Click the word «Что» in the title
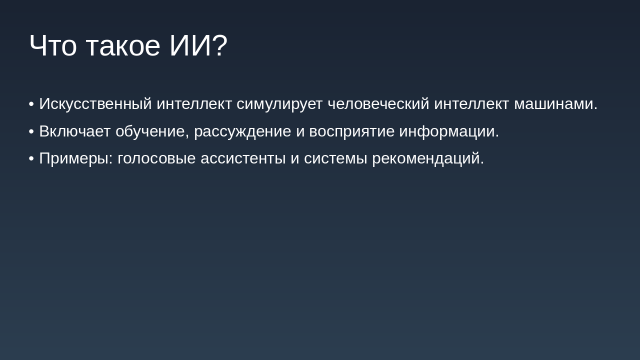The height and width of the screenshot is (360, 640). [53, 45]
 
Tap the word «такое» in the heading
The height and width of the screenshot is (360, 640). [123, 45]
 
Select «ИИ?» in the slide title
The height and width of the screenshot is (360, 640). [198, 45]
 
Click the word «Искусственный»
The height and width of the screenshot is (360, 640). [95, 104]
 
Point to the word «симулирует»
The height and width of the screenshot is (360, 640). [279, 104]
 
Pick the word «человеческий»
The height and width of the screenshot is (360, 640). [378, 104]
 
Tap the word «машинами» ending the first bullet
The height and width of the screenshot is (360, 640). [553, 104]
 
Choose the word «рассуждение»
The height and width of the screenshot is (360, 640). [242, 131]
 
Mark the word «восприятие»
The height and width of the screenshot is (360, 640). [351, 131]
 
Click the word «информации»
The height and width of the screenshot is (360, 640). [446, 131]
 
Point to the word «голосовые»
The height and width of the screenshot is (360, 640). [156, 158]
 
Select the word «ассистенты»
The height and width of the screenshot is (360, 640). [243, 158]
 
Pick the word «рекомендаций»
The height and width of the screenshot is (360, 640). [425, 158]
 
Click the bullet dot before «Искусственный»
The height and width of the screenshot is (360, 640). [31, 104]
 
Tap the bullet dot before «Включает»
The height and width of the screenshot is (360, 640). [31, 131]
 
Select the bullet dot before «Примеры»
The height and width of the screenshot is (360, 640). [31, 158]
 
